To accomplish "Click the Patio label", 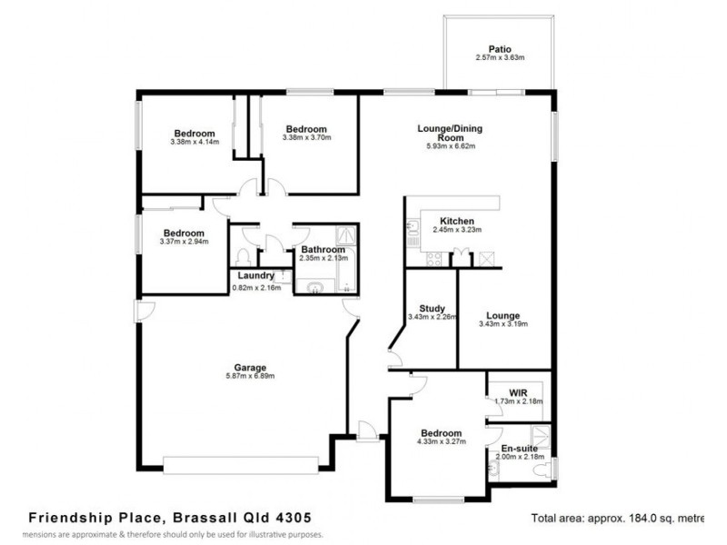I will tap(500, 48).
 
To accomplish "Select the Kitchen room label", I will tap(457, 222).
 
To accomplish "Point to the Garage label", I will tap(249, 367).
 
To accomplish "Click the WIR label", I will tap(518, 391).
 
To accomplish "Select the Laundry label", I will tap(255, 276).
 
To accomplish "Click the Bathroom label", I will tap(323, 250).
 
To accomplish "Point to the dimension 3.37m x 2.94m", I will tap(184, 242).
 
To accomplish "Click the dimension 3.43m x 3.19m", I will tap(503, 323).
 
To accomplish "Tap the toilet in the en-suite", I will tap(543, 471).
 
